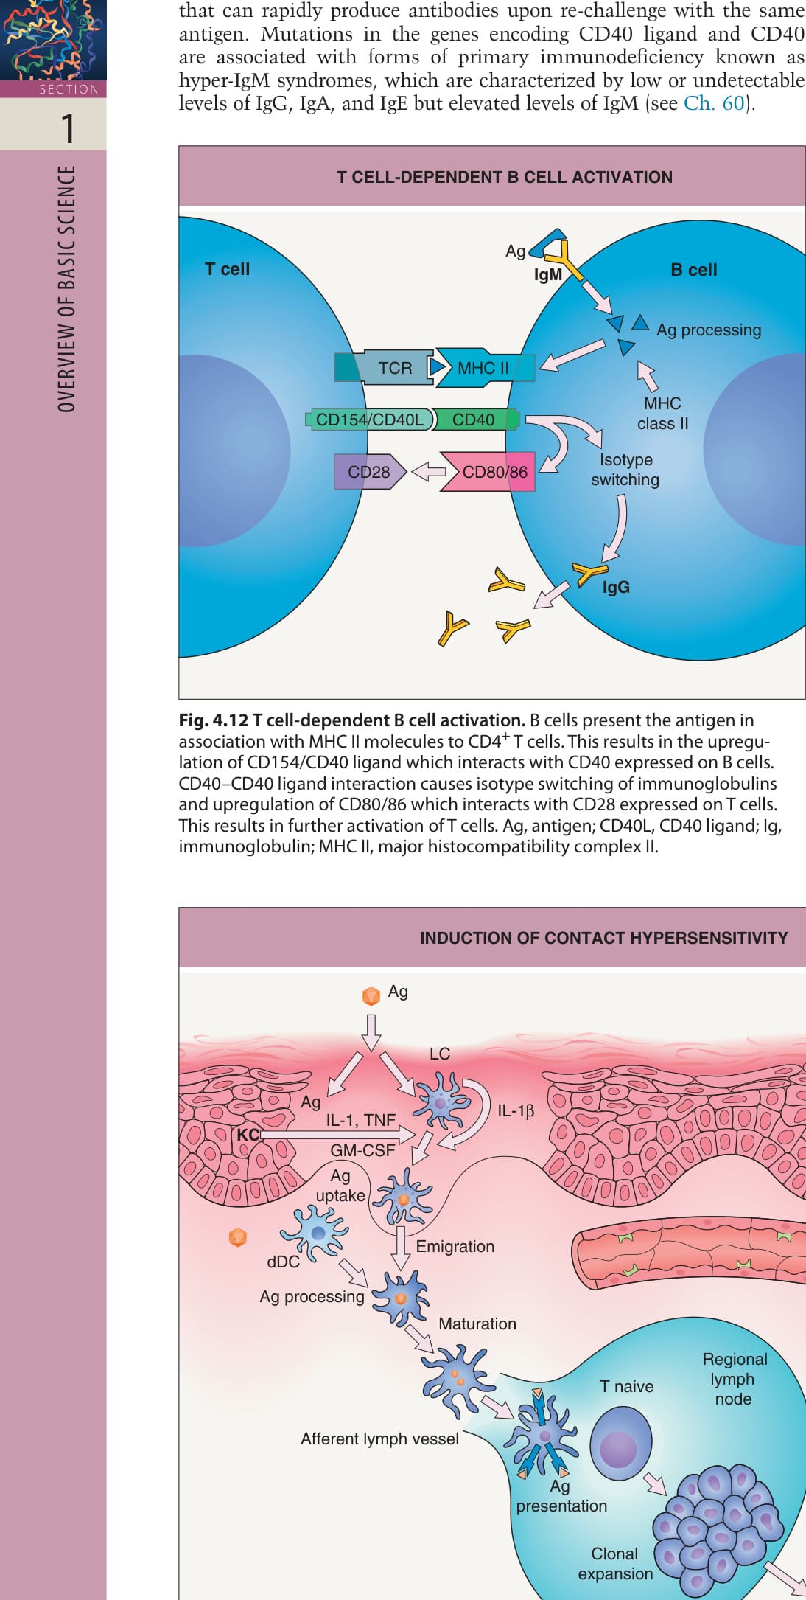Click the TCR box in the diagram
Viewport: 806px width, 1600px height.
(x=385, y=367)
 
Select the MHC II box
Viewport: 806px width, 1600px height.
(x=485, y=367)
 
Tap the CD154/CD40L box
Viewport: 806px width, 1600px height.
(x=371, y=420)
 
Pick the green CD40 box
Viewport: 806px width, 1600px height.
(x=475, y=420)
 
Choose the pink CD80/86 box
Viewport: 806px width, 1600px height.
(x=488, y=472)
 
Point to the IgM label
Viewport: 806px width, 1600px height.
(x=548, y=274)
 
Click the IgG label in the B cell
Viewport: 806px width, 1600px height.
(x=616, y=587)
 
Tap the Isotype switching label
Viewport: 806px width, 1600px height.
(x=625, y=470)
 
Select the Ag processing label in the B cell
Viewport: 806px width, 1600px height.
(x=709, y=330)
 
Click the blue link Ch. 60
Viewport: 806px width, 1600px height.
(x=715, y=103)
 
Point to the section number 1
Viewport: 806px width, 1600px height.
(x=68, y=128)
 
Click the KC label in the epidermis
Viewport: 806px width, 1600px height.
(x=248, y=1134)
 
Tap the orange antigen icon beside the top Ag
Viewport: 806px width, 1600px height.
(x=371, y=995)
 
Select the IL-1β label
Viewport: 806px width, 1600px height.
(x=516, y=1110)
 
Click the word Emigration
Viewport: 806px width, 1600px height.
(x=455, y=1246)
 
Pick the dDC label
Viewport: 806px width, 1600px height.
(x=283, y=1262)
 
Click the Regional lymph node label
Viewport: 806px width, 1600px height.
(x=735, y=1379)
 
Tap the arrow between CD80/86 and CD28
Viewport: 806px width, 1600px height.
(x=428, y=472)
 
